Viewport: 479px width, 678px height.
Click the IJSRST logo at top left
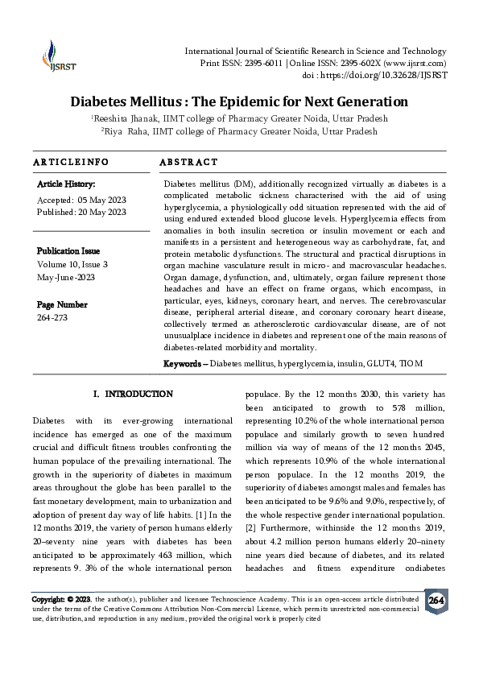[x=54, y=56]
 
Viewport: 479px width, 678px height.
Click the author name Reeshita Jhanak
[x=127, y=118]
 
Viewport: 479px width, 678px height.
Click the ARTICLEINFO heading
[x=70, y=163]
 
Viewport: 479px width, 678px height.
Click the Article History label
[x=67, y=184]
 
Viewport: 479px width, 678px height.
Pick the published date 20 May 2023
[x=103, y=212]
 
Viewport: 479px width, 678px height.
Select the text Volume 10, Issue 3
[x=72, y=264]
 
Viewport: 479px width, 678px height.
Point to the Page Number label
[x=62, y=304]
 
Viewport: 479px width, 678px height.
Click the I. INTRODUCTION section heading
[x=133, y=395]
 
